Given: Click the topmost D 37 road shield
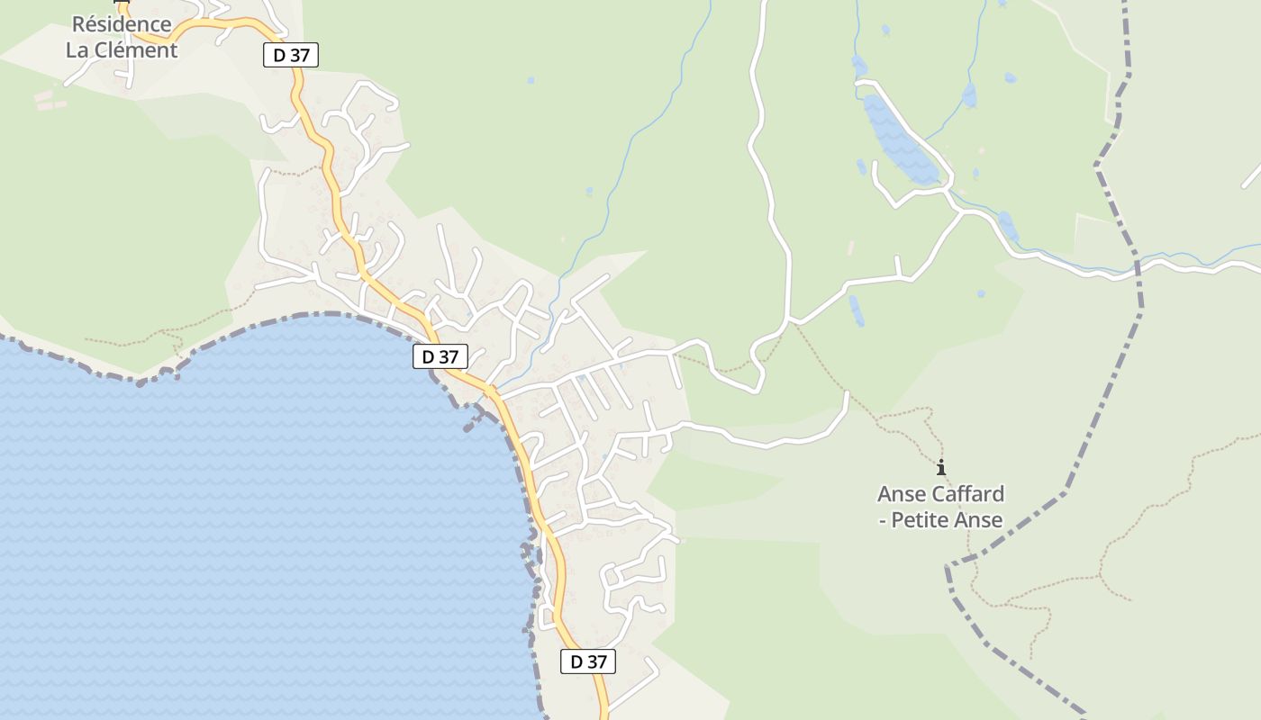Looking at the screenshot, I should click(291, 55).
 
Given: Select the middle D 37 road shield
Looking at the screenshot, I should click(440, 356).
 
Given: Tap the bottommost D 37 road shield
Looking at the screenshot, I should click(587, 661).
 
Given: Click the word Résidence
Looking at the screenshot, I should click(122, 24).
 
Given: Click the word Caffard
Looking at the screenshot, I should click(968, 494).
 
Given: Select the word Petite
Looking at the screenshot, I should click(921, 520).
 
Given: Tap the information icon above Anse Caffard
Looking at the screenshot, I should click(941, 467).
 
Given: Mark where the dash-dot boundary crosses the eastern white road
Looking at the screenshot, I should click(1138, 266).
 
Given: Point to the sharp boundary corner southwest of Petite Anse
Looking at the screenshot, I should click(948, 567).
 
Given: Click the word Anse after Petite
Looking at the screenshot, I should click(979, 520).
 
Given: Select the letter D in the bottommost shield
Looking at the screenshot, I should click(576, 661).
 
